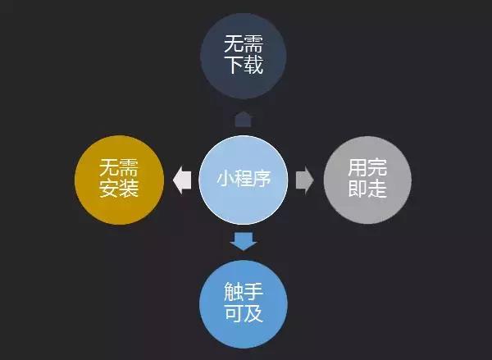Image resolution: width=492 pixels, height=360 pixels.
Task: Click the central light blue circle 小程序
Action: point(244,180)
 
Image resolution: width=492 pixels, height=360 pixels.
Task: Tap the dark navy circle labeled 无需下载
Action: point(244,56)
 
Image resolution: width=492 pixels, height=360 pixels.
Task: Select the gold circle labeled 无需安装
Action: point(120,180)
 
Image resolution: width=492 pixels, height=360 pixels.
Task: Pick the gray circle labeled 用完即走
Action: point(367,180)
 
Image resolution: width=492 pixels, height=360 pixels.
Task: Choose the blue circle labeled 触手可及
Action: point(244,303)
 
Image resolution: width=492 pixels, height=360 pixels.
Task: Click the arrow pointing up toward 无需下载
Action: point(244,119)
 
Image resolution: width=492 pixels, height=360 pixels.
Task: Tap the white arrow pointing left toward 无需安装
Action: point(182,180)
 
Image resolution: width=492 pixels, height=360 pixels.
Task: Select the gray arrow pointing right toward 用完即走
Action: point(304,180)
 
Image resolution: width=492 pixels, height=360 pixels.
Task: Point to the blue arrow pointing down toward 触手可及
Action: point(244,241)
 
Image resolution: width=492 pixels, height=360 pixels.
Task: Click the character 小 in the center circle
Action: point(226,178)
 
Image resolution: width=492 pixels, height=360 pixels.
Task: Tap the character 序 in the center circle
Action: point(262,178)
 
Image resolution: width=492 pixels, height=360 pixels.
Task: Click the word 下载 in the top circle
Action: point(244,65)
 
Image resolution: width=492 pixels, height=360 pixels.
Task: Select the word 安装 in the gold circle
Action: point(119,188)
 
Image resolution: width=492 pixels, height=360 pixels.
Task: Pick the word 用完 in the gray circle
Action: point(367,167)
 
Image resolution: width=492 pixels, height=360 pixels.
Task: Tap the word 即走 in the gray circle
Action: point(367,189)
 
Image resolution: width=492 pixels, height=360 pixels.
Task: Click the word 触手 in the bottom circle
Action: point(244,292)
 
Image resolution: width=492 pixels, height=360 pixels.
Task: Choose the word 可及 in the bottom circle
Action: point(244,312)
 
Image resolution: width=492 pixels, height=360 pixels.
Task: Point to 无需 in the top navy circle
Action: point(244,43)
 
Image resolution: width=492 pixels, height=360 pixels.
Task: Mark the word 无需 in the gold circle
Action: point(119,167)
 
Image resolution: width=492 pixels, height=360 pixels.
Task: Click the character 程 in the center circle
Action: point(244,178)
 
